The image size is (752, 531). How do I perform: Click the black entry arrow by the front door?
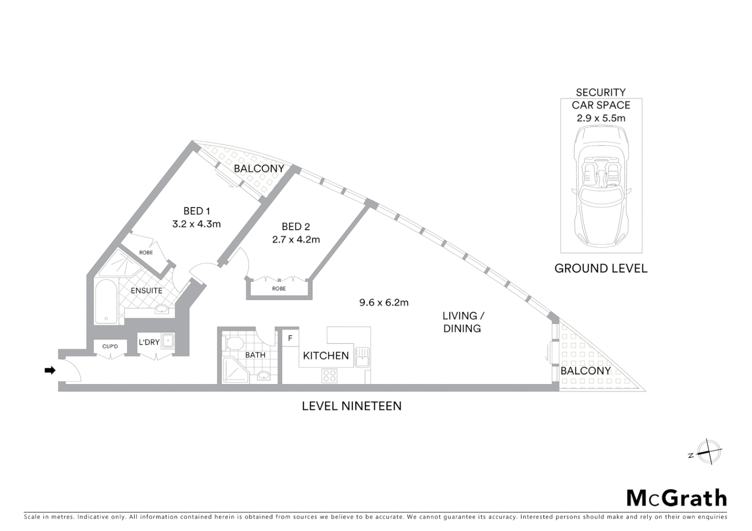pos(50,370)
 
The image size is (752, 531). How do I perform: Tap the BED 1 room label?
pos(196,211)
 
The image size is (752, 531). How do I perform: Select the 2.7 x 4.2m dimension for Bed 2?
pos(296,239)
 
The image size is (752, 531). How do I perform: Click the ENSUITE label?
pos(146,291)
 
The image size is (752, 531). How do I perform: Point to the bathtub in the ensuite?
pos(106,301)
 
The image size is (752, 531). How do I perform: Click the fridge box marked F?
pos(290,338)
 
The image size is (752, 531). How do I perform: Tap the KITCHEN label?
pos(325,355)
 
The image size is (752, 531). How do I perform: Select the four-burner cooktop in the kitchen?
pos(329,376)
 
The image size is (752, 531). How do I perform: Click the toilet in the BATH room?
pos(232,343)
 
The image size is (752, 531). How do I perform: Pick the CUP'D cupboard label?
pos(110,347)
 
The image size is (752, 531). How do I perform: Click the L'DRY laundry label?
pos(149,342)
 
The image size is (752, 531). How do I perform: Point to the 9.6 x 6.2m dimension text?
pos(384,302)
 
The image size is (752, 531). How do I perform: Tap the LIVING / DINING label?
pos(462,322)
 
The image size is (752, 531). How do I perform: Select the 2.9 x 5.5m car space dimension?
pos(601,118)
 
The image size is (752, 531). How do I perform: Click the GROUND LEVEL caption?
pos(600,268)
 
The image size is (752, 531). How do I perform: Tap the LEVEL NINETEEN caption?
pos(351,406)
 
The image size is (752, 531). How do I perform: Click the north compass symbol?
pos(709,451)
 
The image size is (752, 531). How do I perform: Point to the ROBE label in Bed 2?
pos(279,289)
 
